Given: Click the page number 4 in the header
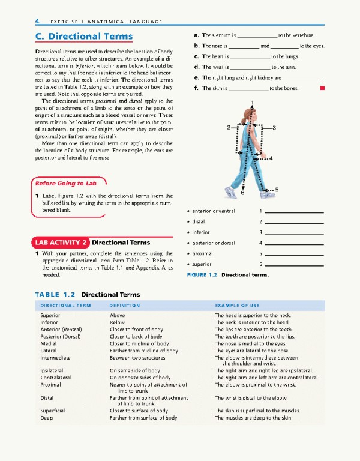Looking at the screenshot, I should coord(37,22).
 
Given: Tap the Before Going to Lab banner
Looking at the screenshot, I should coord(66,183).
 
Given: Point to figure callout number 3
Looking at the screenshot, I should coord(274,128).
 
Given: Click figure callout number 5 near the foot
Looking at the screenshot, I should coord(277,190).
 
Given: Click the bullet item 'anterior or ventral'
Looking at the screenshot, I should coord(214,211).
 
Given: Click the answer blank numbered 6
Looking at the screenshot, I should coord(294,265).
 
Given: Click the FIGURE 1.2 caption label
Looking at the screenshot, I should coord(202,275).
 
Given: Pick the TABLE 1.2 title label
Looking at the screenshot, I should coord(55,295).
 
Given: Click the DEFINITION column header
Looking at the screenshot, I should coord(125,306).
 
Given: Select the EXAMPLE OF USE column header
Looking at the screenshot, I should coord(238,306).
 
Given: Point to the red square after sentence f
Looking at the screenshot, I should coord(322,88).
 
